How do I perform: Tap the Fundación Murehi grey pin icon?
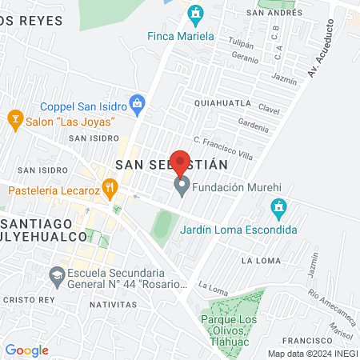click(x=182, y=187)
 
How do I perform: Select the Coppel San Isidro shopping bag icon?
click(x=138, y=102)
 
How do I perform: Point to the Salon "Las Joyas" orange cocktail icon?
click(x=14, y=121)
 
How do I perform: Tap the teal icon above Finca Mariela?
click(x=196, y=14)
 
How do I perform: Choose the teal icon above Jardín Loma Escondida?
click(x=278, y=210)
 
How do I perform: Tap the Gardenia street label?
click(x=254, y=125)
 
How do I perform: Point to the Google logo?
click(x=27, y=350)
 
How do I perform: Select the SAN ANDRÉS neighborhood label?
click(x=274, y=13)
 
